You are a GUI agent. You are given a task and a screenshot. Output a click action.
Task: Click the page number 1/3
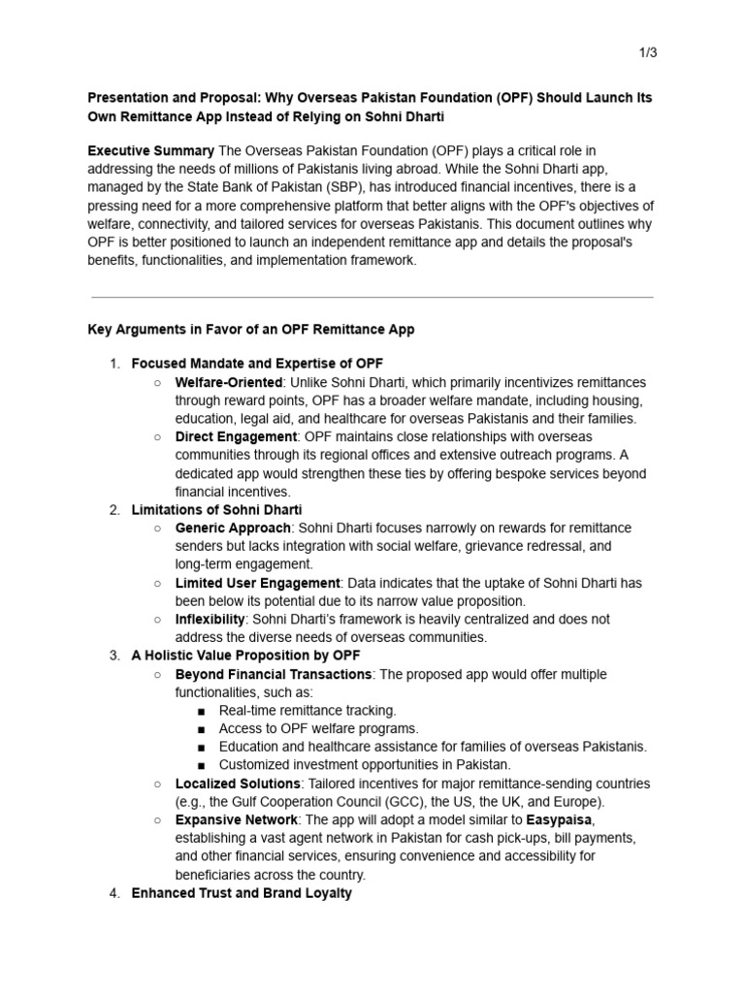click(x=646, y=52)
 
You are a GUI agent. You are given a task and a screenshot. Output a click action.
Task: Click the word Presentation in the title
click(x=128, y=98)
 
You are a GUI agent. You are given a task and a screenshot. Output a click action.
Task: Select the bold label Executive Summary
click(x=150, y=150)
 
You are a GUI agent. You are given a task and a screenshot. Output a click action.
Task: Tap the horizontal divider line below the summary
click(x=372, y=297)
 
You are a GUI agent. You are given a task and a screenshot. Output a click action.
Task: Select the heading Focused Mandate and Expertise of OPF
click(x=250, y=364)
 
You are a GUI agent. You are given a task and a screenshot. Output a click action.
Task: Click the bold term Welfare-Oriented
click(x=229, y=382)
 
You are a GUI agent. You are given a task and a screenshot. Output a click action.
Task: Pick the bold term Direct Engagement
click(x=236, y=436)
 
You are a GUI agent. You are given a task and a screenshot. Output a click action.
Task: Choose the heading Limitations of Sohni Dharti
click(x=216, y=509)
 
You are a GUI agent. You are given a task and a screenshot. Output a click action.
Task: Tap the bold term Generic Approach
click(x=233, y=528)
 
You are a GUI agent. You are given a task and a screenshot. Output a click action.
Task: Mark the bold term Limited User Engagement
click(x=257, y=583)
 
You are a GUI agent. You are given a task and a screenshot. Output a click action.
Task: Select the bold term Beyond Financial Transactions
click(x=274, y=674)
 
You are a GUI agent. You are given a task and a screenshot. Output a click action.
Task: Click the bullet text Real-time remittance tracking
click(x=308, y=710)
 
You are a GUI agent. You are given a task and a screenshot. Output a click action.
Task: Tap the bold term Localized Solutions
click(x=238, y=784)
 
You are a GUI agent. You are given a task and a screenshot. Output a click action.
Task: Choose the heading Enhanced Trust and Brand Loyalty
click(x=242, y=892)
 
